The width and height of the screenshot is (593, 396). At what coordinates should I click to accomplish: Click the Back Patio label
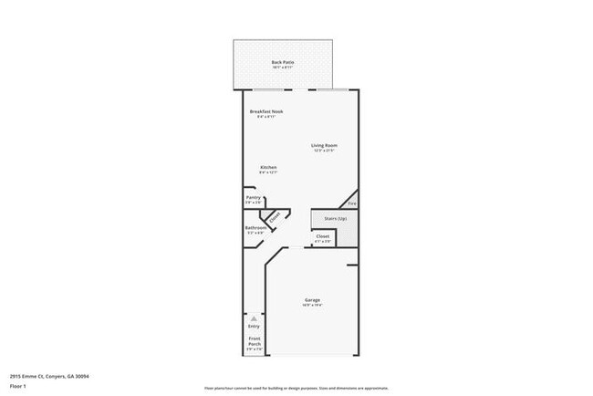point(282,62)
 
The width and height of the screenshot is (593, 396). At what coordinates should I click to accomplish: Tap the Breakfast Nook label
point(267,111)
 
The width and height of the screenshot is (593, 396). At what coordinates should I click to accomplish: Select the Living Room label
point(325,145)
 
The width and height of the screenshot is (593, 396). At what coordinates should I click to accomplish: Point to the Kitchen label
point(268,167)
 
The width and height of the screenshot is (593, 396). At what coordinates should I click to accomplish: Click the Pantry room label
point(254,197)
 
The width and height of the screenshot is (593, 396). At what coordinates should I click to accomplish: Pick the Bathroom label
point(255,227)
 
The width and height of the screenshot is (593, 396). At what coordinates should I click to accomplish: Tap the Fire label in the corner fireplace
point(352,204)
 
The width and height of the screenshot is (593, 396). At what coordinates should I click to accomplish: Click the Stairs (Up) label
point(329,219)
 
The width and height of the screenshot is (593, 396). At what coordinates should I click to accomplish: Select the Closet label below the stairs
point(323,236)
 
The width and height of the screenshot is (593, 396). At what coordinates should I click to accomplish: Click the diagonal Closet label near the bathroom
point(272,217)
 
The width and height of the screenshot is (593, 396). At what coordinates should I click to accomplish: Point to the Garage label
point(312,299)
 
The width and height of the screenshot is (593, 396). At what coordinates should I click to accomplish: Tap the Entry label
point(254,326)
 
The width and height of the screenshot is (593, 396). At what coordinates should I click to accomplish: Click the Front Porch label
point(255,342)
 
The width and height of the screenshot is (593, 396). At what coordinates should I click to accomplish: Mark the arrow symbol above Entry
point(254,318)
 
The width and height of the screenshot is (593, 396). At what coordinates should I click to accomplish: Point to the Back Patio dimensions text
point(282,68)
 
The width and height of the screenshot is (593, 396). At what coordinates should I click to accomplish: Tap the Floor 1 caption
point(17,386)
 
